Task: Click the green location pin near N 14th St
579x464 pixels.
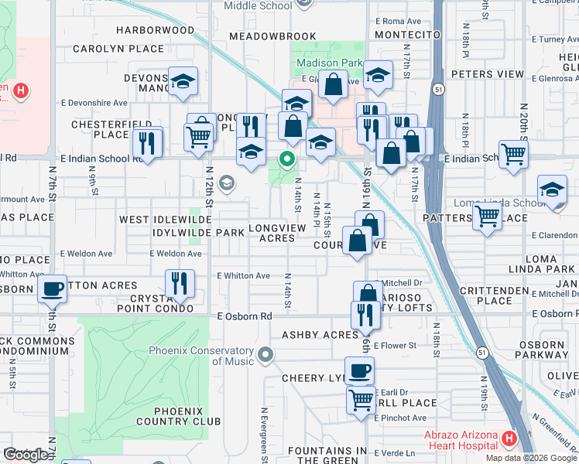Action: [287, 160]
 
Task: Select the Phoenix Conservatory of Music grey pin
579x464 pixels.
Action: [266, 356]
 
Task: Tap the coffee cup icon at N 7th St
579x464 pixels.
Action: [52, 289]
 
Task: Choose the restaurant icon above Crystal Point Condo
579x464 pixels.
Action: [180, 282]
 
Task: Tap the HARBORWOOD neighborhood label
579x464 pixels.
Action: [155, 31]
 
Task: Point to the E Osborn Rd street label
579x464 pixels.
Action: [245, 316]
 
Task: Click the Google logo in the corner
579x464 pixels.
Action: [26, 455]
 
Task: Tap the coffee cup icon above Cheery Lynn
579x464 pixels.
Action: [359, 370]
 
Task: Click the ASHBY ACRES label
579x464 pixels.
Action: [320, 335]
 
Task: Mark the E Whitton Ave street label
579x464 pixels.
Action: [243, 275]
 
